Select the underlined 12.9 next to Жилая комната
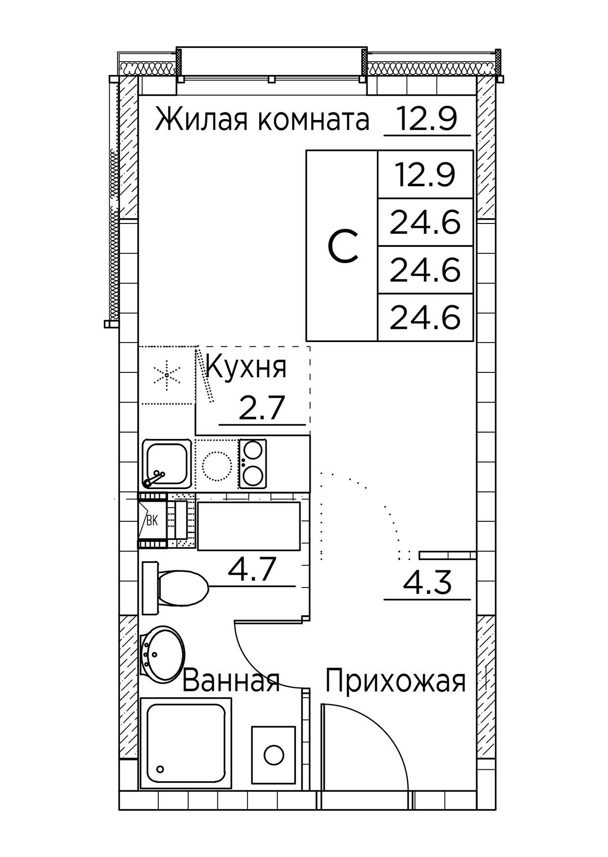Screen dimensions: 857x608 426,119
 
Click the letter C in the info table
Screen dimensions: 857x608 342,246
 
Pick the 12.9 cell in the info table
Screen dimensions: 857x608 425,175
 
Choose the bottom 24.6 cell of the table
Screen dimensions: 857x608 425,318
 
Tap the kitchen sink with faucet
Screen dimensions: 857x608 166,464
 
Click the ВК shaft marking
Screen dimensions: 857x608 152,521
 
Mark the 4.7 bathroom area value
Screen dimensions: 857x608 253,570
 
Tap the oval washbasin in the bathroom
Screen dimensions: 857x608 162,653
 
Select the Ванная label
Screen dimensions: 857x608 231,681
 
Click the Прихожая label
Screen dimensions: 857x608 395,681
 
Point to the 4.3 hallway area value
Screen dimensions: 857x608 426,583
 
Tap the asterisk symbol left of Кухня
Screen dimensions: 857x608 167,375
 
